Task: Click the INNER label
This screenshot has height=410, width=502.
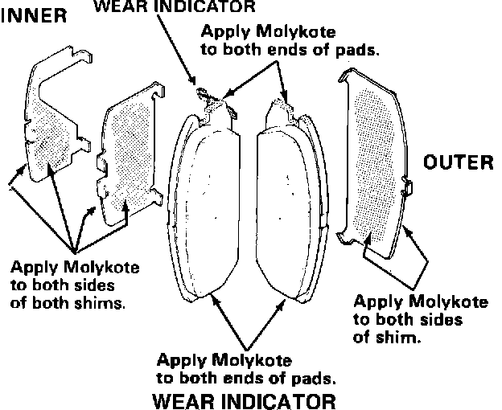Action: coord(34,17)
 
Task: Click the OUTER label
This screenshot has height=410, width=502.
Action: coord(458,162)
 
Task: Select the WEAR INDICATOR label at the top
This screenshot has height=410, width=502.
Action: coord(175,7)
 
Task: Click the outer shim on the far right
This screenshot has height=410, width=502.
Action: coord(374,157)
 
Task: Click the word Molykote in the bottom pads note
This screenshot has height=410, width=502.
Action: coord(252,359)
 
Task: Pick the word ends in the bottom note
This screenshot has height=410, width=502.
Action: coord(248,376)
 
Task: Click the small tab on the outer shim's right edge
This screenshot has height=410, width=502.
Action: coord(408,188)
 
